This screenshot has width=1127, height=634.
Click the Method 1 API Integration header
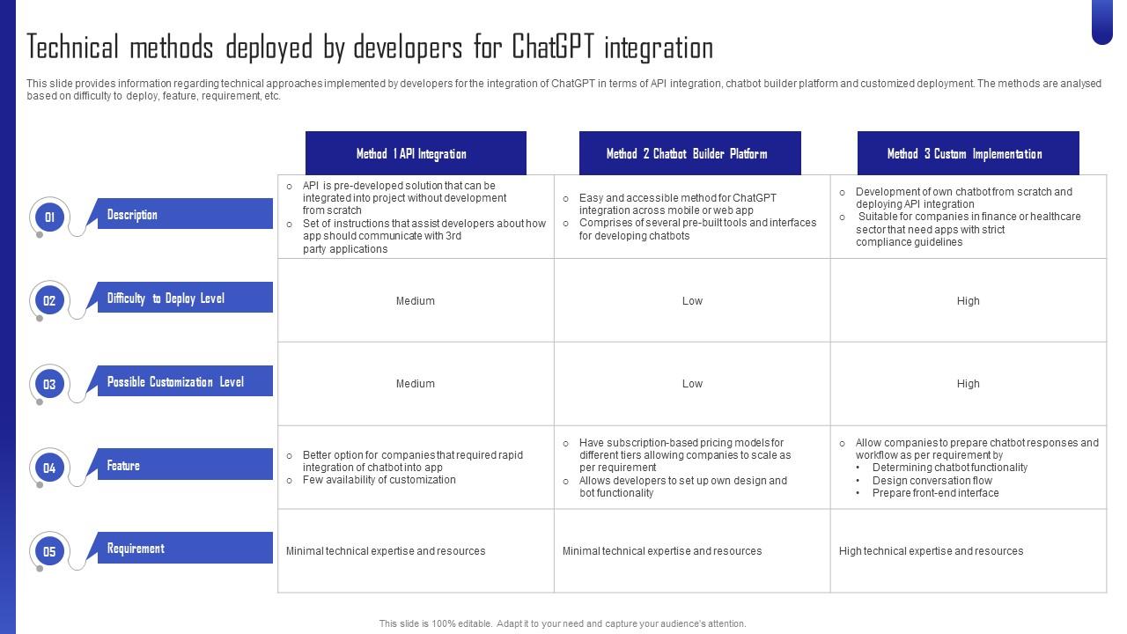coord(415,154)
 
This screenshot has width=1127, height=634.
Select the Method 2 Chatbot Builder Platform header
coord(689,154)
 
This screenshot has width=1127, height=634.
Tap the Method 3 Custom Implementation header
coord(968,154)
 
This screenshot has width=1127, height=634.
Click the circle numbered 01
coord(49,217)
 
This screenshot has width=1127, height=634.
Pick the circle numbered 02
coord(49,300)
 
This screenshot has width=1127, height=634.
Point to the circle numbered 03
coord(49,384)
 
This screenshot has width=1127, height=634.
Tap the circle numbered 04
coord(49,468)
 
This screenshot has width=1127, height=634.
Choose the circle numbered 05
coord(49,551)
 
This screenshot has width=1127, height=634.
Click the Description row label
coord(132,215)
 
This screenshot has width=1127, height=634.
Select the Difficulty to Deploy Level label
coord(166,299)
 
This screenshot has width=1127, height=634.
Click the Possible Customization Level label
coord(175,382)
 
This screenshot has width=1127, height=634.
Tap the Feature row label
coord(123,466)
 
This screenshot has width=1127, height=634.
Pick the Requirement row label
coord(136,549)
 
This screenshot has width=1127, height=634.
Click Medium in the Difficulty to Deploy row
coord(415,301)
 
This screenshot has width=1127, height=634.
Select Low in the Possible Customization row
coord(692,384)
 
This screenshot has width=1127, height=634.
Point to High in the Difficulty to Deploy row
coord(968,301)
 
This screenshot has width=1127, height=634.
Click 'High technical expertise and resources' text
coord(931,551)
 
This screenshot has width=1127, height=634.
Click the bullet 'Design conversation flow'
coord(932,481)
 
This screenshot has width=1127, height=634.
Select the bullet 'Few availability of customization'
coord(379,480)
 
